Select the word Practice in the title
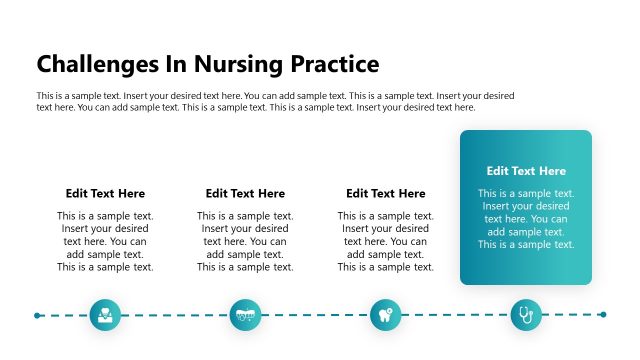(x=334, y=64)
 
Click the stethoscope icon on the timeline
(x=526, y=315)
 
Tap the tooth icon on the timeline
(x=385, y=315)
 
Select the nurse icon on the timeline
(x=105, y=315)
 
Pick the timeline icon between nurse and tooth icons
(x=245, y=315)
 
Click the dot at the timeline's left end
(x=37, y=315)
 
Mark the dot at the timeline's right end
(x=603, y=315)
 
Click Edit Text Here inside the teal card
(x=526, y=171)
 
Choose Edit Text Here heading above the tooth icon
(x=385, y=193)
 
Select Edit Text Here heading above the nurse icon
(x=105, y=193)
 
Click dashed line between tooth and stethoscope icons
(x=455, y=315)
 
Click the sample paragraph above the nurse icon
(x=105, y=241)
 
